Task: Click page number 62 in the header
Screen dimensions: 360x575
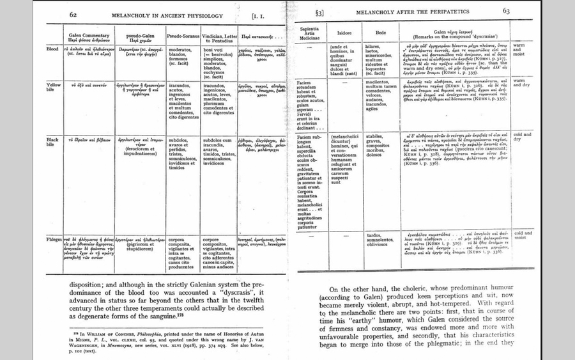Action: click(x=73, y=13)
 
